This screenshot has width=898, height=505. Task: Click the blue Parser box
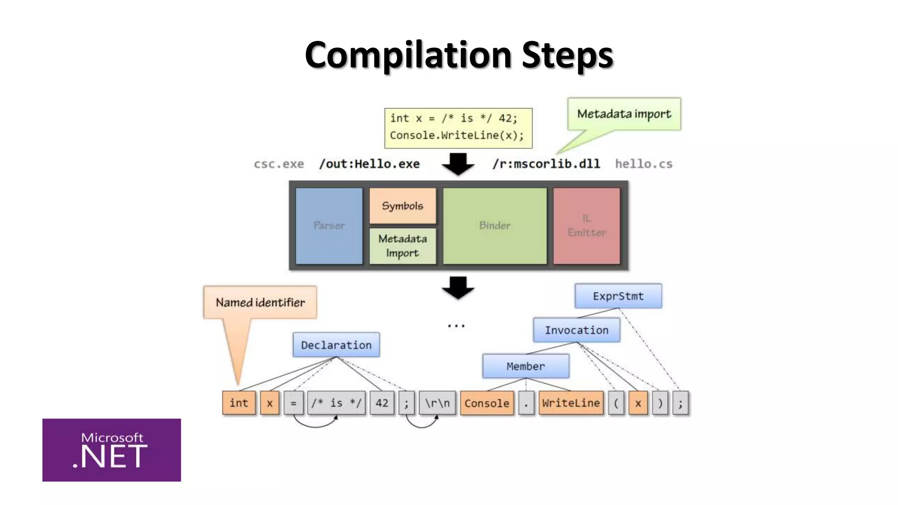click(x=329, y=226)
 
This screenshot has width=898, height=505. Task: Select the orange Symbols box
click(x=403, y=206)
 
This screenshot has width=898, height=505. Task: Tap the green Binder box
click(x=495, y=226)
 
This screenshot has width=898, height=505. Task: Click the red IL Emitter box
click(x=587, y=226)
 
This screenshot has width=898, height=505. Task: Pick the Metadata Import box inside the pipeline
click(x=403, y=246)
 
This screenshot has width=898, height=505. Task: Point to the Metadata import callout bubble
click(x=624, y=114)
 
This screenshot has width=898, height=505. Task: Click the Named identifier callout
click(x=260, y=302)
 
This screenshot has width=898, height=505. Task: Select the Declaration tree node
click(x=336, y=345)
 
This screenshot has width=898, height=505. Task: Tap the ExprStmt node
click(x=618, y=296)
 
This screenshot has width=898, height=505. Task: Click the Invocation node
click(x=577, y=330)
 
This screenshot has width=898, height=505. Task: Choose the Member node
click(x=526, y=366)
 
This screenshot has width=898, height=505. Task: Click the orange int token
click(x=239, y=403)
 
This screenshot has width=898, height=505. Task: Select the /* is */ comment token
click(x=336, y=403)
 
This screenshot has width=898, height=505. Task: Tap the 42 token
click(x=382, y=403)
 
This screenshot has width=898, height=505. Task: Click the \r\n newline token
click(x=437, y=403)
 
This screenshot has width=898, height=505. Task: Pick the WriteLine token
click(x=571, y=403)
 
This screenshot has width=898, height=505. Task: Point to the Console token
click(x=487, y=403)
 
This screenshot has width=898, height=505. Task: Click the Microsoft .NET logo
click(x=111, y=450)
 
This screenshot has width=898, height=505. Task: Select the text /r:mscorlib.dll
click(x=546, y=164)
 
